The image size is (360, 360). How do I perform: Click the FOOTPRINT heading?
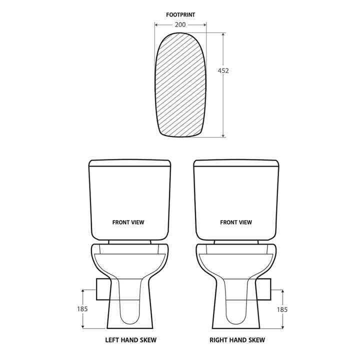[x=180, y=14]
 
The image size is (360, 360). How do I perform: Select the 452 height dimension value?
[x=223, y=70]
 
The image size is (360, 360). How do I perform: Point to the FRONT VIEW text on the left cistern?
[x=128, y=222]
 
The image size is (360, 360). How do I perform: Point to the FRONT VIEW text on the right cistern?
[x=236, y=222]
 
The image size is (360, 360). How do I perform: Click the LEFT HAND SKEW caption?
[x=130, y=340]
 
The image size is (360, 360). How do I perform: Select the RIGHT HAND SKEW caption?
[x=237, y=340]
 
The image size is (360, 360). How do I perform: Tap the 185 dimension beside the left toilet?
[x=82, y=309]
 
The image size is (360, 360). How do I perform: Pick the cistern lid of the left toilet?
[x=130, y=163]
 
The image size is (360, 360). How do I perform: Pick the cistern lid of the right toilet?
[x=235, y=163]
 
